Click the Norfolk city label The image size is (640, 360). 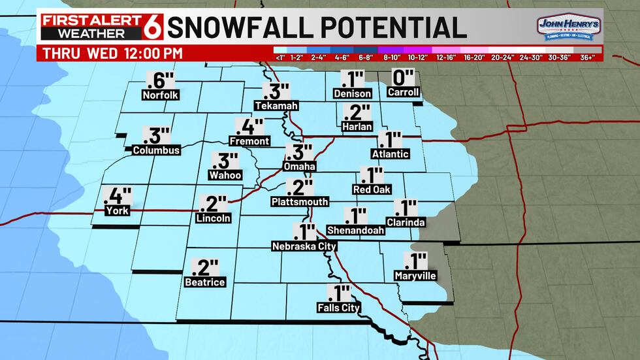click(x=160, y=95)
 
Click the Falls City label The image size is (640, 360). click(x=338, y=307)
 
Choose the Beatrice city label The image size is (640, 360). click(x=205, y=282)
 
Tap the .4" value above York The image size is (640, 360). click(x=118, y=195)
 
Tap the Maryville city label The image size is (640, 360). click(x=415, y=276)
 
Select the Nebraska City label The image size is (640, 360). click(x=304, y=246)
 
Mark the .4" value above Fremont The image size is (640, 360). click(x=250, y=125)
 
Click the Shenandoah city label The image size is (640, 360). click(x=355, y=229)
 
